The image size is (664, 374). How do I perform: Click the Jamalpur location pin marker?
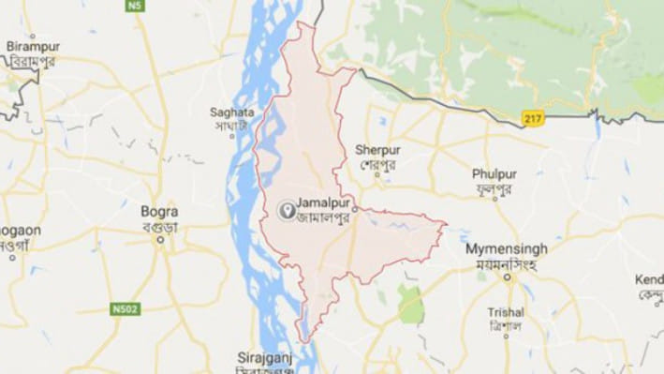coord(285,210)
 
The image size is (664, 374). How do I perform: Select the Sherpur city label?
coord(377,149)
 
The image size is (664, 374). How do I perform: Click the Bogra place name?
coord(158,211)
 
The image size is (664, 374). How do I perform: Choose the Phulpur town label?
coord(494,173)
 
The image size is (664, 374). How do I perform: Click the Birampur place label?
coord(32,46)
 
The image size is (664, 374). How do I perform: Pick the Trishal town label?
coord(506,312)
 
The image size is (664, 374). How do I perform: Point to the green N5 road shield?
coord(138,6)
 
